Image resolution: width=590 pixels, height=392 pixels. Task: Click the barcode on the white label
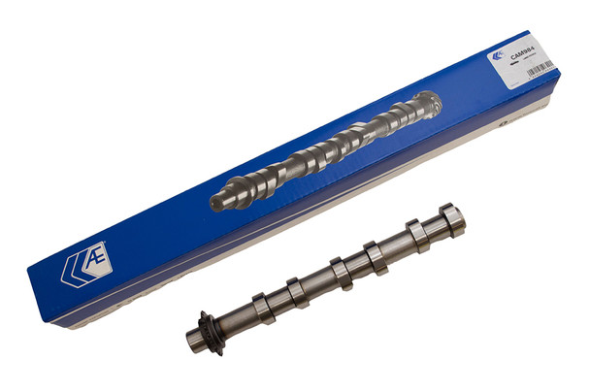pyautogui.click(x=540, y=67)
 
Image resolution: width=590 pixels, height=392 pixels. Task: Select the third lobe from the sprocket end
pyautogui.click(x=340, y=271)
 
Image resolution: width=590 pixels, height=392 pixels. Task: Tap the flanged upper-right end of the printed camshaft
pyautogui.click(x=427, y=102)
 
